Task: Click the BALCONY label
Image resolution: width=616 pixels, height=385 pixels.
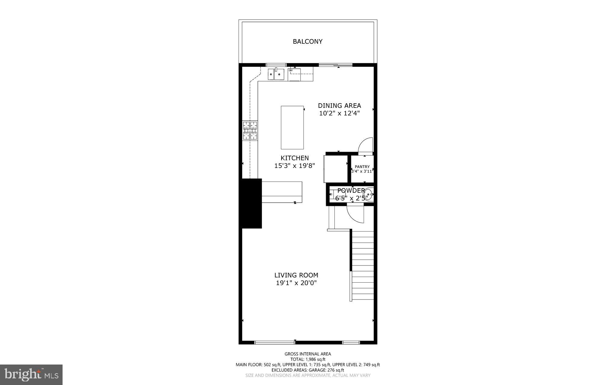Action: [307, 42]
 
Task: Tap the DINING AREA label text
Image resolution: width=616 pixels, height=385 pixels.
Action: [339, 106]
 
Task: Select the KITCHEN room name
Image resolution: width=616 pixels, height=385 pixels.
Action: [294, 158]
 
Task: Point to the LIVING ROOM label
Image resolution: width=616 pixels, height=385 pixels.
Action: [296, 275]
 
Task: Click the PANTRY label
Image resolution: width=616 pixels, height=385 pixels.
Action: [362, 167]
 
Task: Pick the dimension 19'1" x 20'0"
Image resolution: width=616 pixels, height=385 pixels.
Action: [296, 283]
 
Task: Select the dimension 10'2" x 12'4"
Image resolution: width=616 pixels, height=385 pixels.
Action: [339, 113]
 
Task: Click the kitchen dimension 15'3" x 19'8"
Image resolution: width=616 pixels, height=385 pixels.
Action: [294, 166]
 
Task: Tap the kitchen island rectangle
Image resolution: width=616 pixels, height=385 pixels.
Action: [292, 127]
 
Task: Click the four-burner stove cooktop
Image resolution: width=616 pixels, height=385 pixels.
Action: [250, 131]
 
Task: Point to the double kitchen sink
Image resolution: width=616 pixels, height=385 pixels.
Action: [66, 74]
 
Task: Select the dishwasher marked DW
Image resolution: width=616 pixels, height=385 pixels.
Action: [294, 75]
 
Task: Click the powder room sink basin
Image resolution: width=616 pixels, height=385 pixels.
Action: [368, 194]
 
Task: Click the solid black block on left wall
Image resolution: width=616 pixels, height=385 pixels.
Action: [250, 203]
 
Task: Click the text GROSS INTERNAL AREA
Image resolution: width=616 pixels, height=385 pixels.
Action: [308, 354]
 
